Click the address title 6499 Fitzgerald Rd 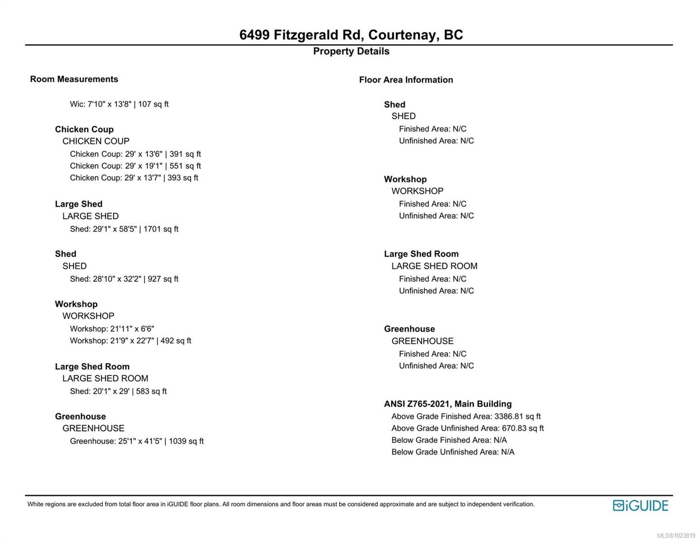[351, 35]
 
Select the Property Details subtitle [351, 51]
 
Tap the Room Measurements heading [74, 79]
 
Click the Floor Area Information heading [406, 80]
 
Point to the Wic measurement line [119, 104]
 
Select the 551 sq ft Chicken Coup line [135, 166]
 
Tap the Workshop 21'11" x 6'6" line [112, 329]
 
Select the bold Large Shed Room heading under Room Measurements [92, 367]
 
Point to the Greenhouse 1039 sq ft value [186, 441]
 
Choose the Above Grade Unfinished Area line [467, 428]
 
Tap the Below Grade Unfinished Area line [453, 452]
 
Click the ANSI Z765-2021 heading [448, 404]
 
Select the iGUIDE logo [640, 505]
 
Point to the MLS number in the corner [676, 535]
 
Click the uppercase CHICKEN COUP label [96, 141]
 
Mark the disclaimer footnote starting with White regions [281, 504]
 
